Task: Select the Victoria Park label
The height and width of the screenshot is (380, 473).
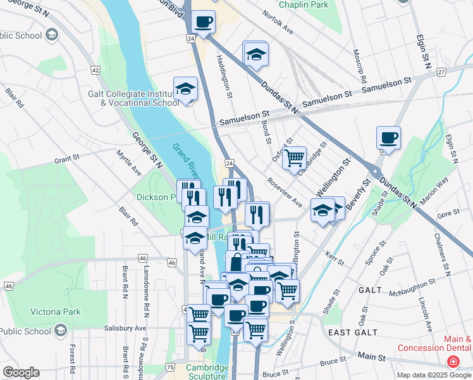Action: pyautogui.click(x=56, y=312)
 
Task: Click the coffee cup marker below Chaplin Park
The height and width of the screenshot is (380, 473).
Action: pyautogui.click(x=203, y=23)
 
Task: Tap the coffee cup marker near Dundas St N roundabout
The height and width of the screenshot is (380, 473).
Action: pyautogui.click(x=388, y=138)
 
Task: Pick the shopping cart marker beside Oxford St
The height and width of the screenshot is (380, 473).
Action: pyautogui.click(x=294, y=158)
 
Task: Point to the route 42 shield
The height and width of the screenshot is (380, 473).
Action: pyautogui.click(x=95, y=70)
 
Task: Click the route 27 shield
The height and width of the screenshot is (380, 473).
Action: pyautogui.click(x=441, y=72)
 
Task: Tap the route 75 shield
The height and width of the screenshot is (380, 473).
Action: pyautogui.click(x=169, y=367)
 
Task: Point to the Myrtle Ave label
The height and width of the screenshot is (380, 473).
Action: pyautogui.click(x=129, y=163)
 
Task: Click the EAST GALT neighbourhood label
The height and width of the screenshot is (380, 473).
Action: pyautogui.click(x=353, y=332)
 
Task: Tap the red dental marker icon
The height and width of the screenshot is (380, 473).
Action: pyautogui.click(x=453, y=362)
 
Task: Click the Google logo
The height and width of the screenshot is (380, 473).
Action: pyautogui.click(x=21, y=372)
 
